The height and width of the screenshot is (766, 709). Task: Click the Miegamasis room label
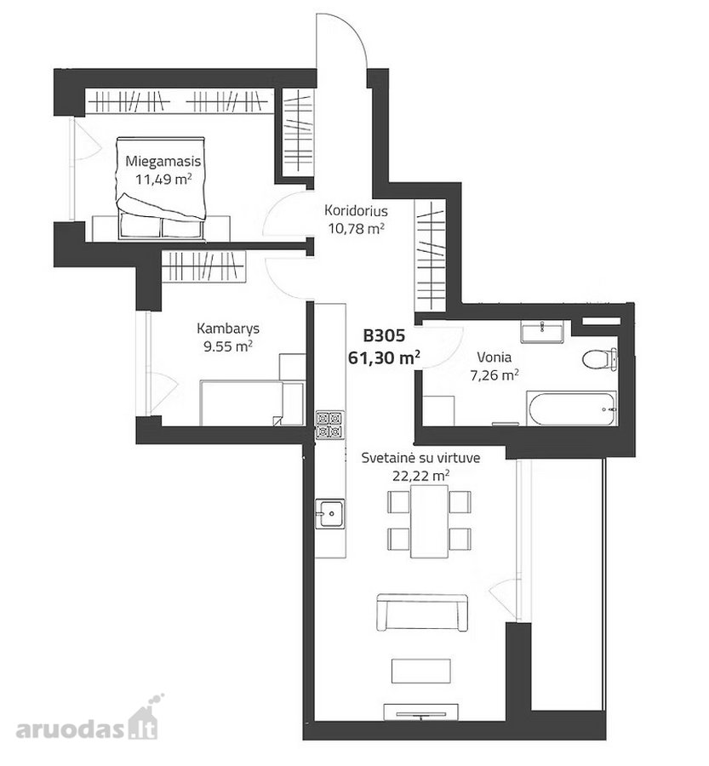pyautogui.click(x=163, y=161)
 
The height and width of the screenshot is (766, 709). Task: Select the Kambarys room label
pyautogui.click(x=228, y=329)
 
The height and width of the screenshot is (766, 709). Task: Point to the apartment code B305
pyautogui.click(x=384, y=335)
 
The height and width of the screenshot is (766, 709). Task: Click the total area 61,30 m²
pyautogui.click(x=385, y=357)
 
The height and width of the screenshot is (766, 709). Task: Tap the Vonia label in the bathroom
pyautogui.click(x=494, y=357)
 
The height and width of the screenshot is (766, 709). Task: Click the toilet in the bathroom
pyautogui.click(x=599, y=359)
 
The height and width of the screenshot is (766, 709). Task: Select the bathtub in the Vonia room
pyautogui.click(x=571, y=409)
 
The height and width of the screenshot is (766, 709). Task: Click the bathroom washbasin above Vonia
pyautogui.click(x=542, y=332)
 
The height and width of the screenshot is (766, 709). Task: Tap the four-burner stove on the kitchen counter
pyautogui.click(x=329, y=425)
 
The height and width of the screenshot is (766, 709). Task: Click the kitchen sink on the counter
pyautogui.click(x=329, y=513)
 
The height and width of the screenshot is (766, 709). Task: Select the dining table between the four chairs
pyautogui.click(x=430, y=521)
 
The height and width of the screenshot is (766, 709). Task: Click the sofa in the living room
pyautogui.click(x=422, y=613)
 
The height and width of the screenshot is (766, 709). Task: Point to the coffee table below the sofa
pyautogui.click(x=420, y=671)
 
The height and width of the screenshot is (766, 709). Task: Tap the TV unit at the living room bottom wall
pyautogui.click(x=420, y=712)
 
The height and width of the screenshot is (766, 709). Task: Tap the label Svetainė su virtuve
pyautogui.click(x=420, y=458)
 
